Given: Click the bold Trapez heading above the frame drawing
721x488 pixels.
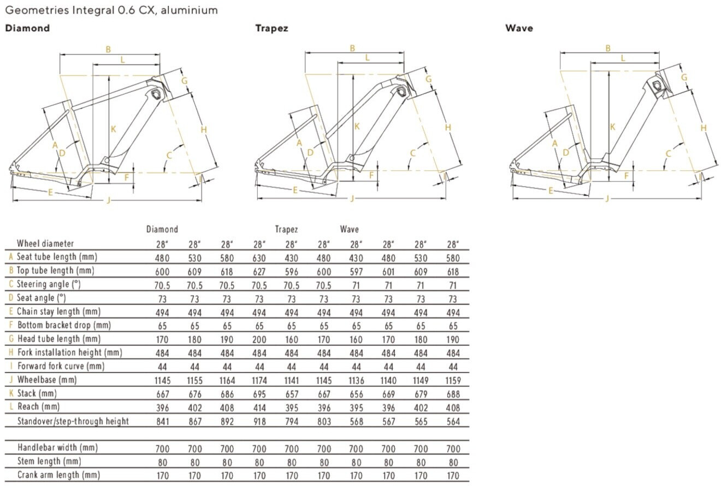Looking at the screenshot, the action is coord(271,28).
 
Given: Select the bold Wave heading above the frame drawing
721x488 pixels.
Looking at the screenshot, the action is coord(519,28).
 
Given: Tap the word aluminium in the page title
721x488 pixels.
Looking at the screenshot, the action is coord(189,10).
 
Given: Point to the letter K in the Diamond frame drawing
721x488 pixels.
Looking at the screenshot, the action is coord(113,130).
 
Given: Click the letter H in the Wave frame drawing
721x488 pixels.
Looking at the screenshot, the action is coord(704,128).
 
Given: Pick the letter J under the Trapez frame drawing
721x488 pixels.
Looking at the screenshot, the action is coord(352,198).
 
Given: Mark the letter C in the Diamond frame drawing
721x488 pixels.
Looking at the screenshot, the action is coord(169,156).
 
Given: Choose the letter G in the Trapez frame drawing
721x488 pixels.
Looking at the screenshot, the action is coord(428,79).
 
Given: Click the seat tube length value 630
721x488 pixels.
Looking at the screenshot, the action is coord(259,258).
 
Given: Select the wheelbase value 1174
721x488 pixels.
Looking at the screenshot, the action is coord(259,381).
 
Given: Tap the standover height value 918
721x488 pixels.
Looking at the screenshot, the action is coord(259,422).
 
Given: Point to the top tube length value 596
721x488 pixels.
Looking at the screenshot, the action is coord(292,272).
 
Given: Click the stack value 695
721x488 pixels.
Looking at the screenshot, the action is coord(259,394).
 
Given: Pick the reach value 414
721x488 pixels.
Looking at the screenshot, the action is coord(259,408).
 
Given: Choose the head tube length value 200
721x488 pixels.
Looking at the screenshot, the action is coord(259,340).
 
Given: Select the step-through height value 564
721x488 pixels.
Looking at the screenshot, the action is coord(453,422).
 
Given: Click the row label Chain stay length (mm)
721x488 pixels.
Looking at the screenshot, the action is coord(58,312).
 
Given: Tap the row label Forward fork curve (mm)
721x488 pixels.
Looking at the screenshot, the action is coord(61,366).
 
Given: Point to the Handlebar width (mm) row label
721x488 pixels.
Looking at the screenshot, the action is coord(57,448).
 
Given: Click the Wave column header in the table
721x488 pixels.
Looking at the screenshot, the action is coord(349,230).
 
